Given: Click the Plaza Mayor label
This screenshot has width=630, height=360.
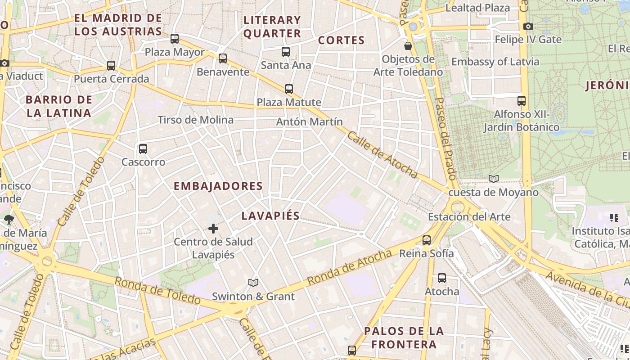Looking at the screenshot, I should [x=175, y=52].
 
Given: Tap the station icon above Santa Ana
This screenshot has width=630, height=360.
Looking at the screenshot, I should [x=286, y=52].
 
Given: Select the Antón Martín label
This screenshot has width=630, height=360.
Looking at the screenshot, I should [x=310, y=121].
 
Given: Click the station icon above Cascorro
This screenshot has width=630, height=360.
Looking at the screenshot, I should [x=143, y=148].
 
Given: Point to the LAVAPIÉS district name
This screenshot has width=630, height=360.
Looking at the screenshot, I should [x=270, y=216].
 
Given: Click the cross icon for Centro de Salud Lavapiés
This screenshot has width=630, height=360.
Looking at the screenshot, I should [x=213, y=229].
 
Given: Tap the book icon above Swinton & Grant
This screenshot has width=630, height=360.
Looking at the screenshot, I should [x=253, y=283].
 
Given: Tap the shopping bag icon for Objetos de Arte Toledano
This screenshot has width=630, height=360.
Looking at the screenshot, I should [x=408, y=46].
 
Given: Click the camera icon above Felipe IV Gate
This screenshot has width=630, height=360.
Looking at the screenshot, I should [x=528, y=27].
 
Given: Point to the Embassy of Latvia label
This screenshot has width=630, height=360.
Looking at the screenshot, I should [x=495, y=62].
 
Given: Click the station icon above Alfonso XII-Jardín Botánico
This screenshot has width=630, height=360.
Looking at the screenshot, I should [x=522, y=101].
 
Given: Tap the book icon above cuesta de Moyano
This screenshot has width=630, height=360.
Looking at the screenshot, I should [x=494, y=179].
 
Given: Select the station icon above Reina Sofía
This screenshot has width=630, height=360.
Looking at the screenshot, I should [x=427, y=240].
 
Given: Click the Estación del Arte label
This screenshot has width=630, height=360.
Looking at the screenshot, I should [x=469, y=217].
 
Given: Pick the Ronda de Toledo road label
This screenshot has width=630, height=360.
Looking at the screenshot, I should [x=157, y=291].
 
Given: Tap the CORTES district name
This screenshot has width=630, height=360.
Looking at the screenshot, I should [x=341, y=40].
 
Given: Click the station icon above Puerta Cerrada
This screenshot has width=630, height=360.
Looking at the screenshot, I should [x=111, y=66].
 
